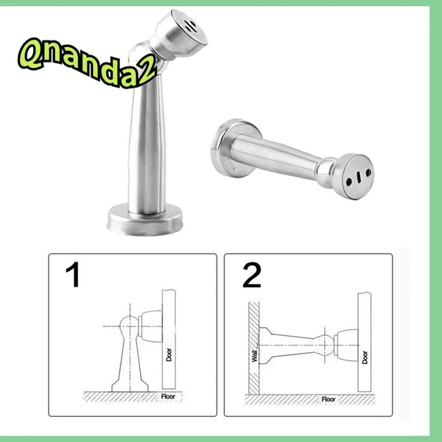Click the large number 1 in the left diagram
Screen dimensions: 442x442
[73, 274]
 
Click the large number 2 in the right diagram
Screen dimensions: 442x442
[252, 275]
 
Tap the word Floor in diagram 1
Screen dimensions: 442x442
[168, 396]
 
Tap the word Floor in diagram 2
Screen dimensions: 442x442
[329, 399]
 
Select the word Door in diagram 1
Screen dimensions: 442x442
[169, 354]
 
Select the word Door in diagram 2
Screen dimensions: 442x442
[365, 357]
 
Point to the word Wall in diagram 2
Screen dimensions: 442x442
[254, 356]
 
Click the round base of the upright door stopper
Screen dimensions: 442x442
[145, 219]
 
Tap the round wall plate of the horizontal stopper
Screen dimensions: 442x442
[236, 148]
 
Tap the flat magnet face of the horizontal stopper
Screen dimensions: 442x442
[358, 177]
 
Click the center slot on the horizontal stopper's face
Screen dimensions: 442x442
[359, 177]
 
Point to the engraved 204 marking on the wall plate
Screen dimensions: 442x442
[230, 166]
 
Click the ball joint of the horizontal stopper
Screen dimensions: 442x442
[326, 172]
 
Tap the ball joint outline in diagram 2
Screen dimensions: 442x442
[325, 345]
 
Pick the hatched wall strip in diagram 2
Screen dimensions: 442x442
[253, 348]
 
